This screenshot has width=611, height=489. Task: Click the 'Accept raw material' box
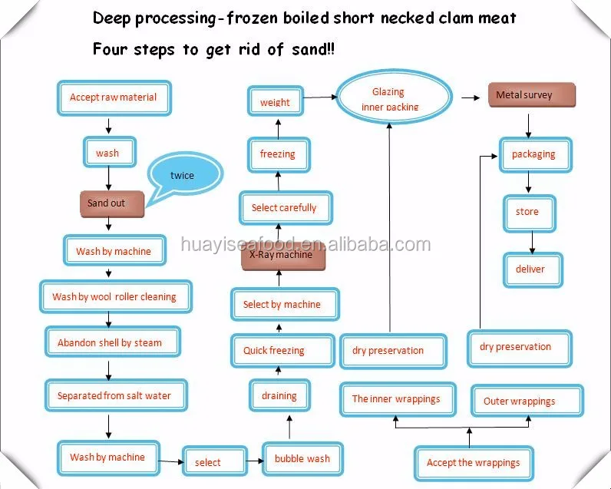tap(114, 97)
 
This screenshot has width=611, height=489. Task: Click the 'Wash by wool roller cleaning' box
tap(114, 296)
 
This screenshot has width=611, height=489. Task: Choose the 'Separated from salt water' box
tap(114, 396)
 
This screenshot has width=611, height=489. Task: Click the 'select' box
tap(207, 462)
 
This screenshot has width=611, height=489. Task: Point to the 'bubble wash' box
tap(302, 458)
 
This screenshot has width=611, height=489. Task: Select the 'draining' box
tap(279, 396)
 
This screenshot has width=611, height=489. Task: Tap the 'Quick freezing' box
tap(274, 351)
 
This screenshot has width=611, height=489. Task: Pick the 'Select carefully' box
tap(283, 208)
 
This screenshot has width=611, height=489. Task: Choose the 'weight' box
tap(275, 102)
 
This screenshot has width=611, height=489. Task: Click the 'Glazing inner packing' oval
tap(395, 98)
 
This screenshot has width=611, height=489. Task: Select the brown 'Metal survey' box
tap(530, 95)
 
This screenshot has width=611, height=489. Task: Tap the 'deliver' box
tap(530, 269)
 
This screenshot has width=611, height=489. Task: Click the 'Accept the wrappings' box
tap(473, 463)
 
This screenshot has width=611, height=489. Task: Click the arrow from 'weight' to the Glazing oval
tap(319, 97)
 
